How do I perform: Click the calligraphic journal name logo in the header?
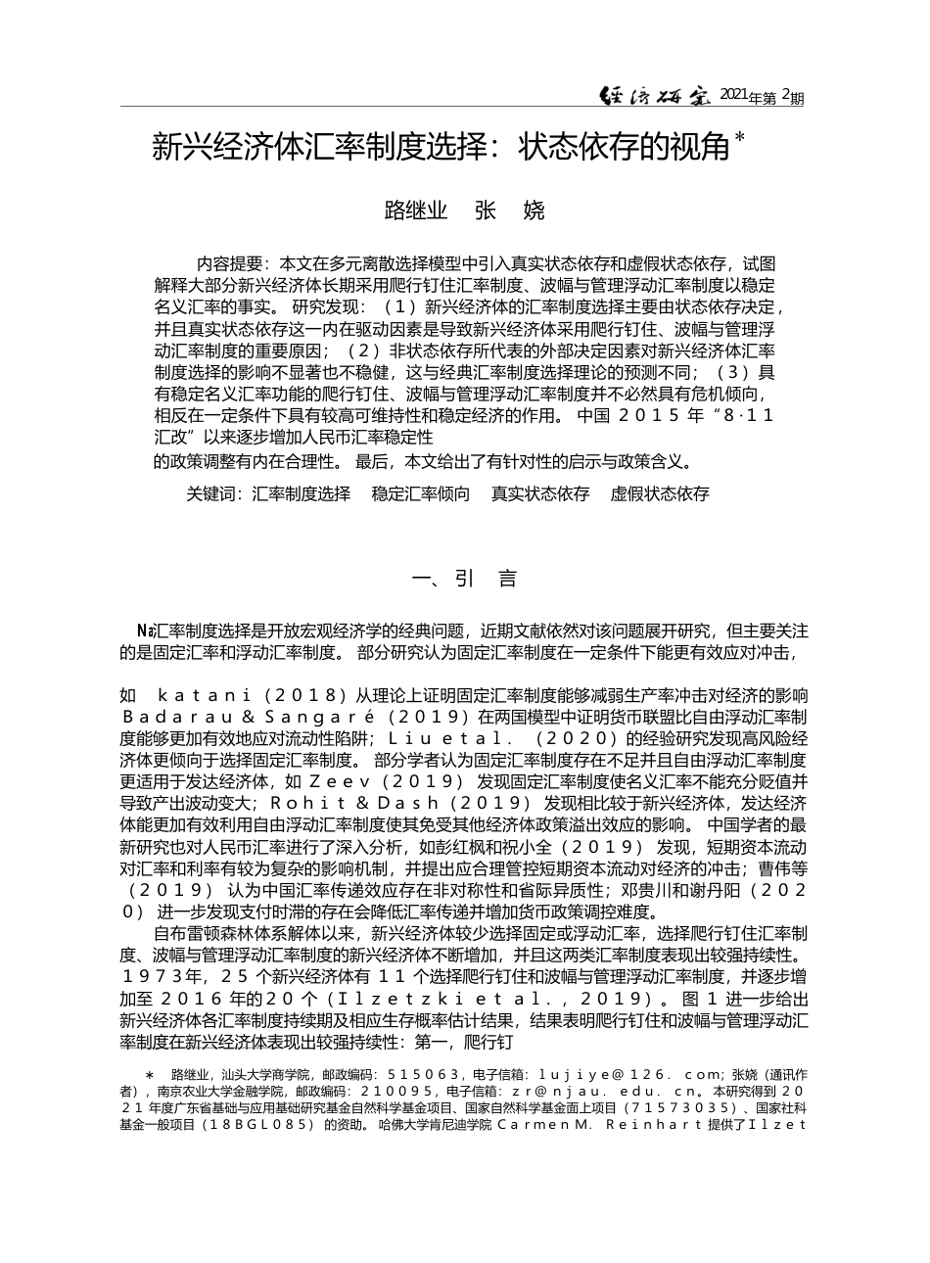[x=657, y=95]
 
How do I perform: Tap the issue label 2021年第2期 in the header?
[x=762, y=96]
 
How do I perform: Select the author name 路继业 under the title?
[x=415, y=210]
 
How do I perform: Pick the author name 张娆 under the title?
[x=508, y=210]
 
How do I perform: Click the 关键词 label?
[x=212, y=494]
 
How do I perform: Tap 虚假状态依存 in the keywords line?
[x=659, y=494]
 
